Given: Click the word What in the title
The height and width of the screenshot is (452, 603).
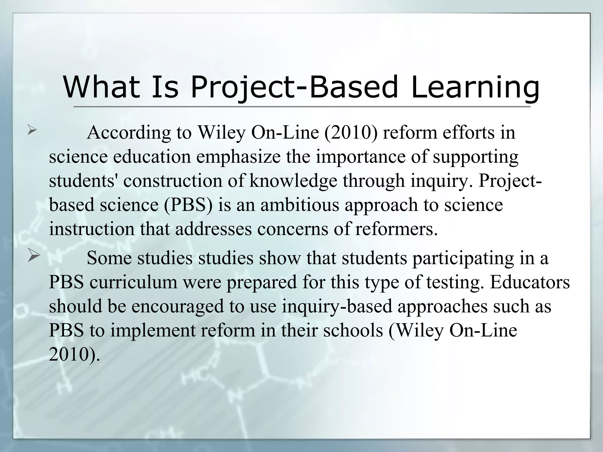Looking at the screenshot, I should click(x=101, y=87).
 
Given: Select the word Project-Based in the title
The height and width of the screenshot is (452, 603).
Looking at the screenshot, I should click(x=294, y=87).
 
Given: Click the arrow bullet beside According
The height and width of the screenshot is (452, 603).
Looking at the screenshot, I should click(x=32, y=130).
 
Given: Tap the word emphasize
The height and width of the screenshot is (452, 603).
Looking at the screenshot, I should click(x=238, y=157).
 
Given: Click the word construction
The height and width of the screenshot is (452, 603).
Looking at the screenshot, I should click(x=172, y=181).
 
